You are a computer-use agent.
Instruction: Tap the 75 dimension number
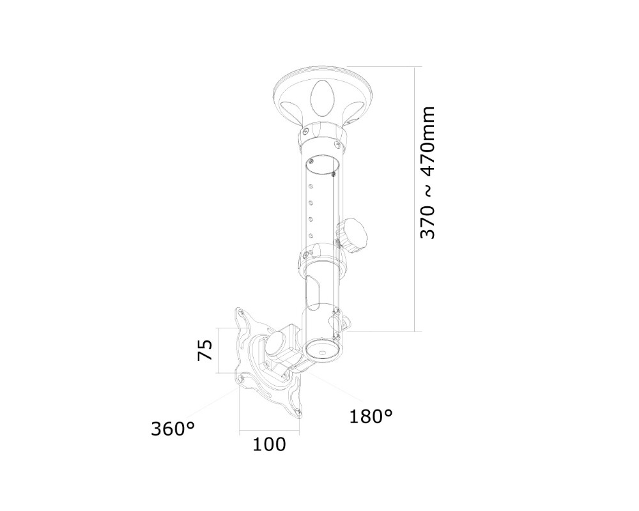[x=204, y=351]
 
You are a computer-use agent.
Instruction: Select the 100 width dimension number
[x=269, y=445]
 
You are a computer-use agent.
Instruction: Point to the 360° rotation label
[x=173, y=429]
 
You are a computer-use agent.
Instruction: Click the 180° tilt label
[x=371, y=416]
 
